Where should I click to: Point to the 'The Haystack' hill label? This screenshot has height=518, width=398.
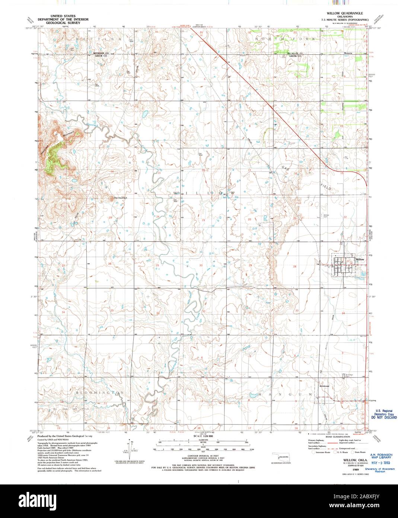click(x=120, y=198)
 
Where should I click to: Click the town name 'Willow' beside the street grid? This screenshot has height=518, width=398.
click(x=360, y=259)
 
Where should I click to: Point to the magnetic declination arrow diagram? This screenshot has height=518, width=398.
click(x=129, y=447)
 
